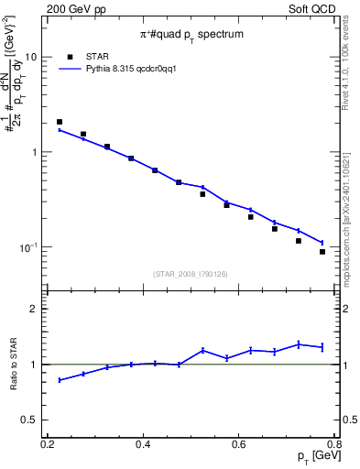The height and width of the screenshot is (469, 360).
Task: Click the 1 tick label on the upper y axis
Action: (x=34, y=152)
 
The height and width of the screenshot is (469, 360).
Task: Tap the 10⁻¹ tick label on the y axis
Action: (x=27, y=247)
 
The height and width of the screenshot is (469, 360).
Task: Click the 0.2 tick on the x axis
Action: (x=48, y=444)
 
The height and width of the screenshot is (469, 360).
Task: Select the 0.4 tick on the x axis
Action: (x=143, y=444)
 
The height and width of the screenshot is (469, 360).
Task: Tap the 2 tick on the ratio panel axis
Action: (x=34, y=310)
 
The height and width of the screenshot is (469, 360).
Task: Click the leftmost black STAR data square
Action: (x=60, y=122)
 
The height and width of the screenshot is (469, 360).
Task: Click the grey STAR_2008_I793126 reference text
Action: (x=191, y=274)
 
